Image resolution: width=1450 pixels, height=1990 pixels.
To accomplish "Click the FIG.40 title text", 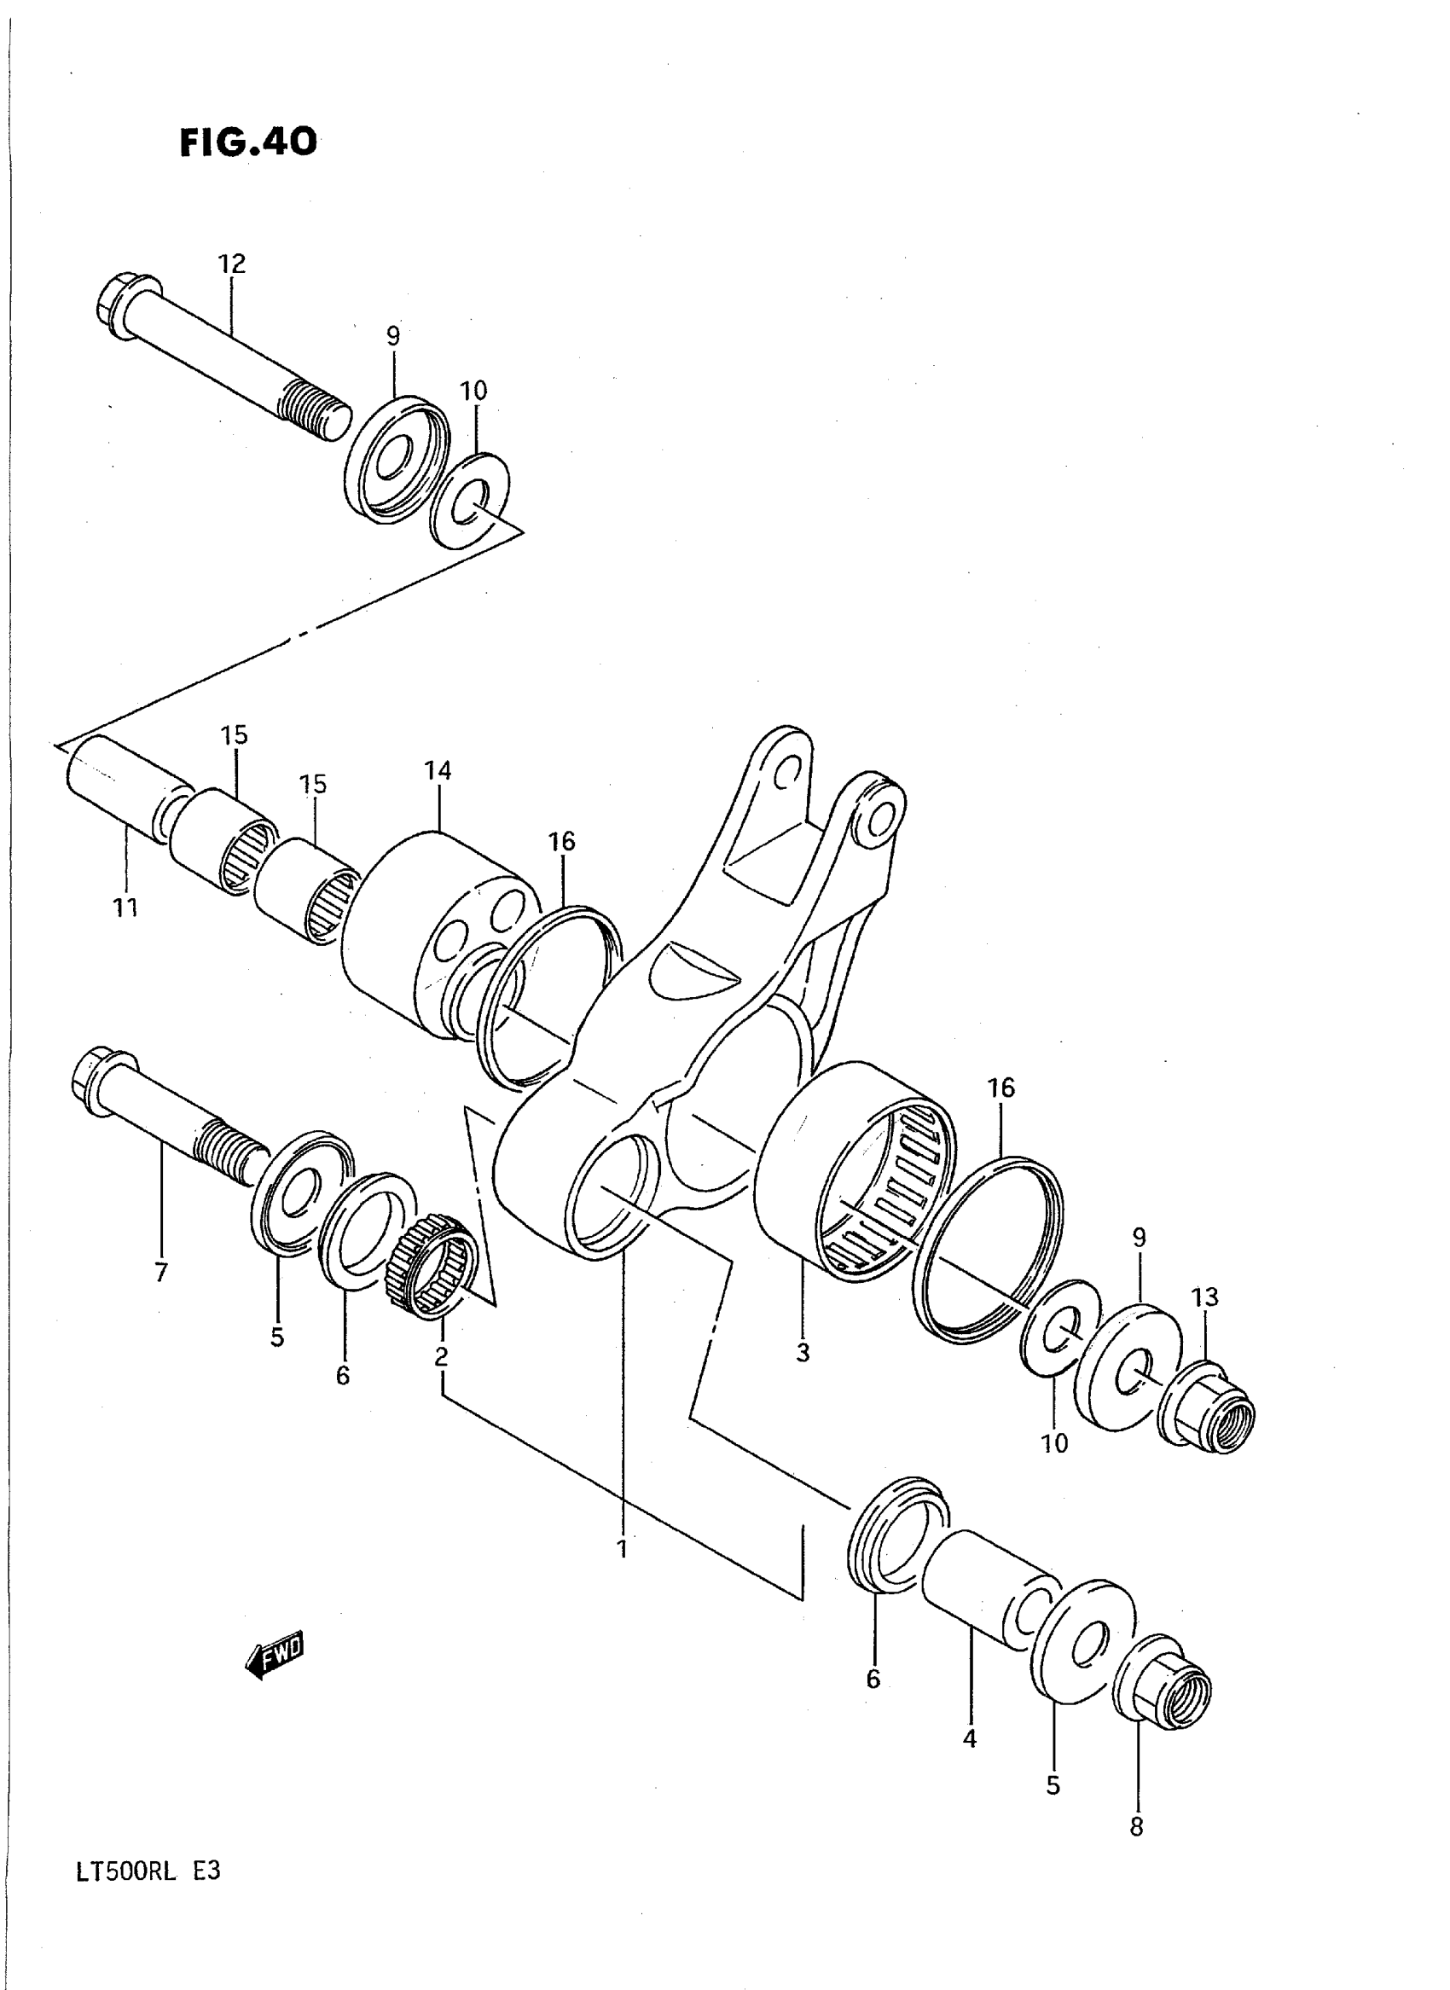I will pos(247,142).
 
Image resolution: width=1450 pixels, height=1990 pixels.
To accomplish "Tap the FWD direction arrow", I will pos(275,1656).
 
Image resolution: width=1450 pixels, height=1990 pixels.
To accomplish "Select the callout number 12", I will pos(232,264).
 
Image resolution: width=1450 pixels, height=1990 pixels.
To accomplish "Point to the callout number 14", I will pos(437,771).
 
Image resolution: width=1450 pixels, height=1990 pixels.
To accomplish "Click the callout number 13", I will pos(1205,1297).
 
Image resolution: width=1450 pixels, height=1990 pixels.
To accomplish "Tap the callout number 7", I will pos(160,1272).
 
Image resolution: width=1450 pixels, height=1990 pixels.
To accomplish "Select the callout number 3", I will pos(803,1353).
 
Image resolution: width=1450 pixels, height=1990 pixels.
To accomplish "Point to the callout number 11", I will pos(125,907).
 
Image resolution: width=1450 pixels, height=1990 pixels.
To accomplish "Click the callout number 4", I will pos(969,1738).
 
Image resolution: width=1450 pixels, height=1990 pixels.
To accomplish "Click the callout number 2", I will pos(441,1357).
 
